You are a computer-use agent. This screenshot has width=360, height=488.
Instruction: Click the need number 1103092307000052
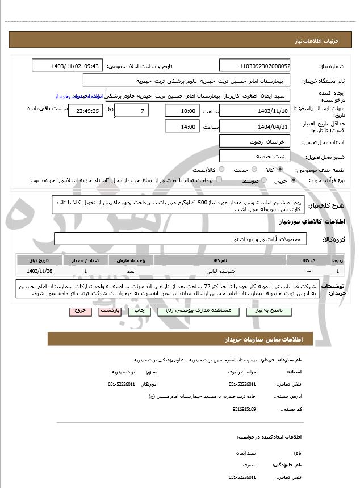pos(255,66)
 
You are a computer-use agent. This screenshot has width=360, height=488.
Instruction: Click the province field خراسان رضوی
pos(255,141)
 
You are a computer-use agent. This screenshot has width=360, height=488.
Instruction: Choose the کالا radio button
pos(279,170)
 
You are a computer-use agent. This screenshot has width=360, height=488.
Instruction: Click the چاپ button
pos(137,312)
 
